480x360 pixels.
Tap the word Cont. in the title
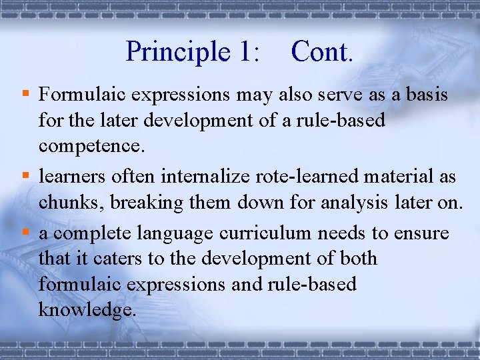click(x=321, y=52)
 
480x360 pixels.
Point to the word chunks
click(x=70, y=203)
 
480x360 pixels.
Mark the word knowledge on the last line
click(x=87, y=309)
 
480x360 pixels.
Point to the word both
click(x=355, y=259)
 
